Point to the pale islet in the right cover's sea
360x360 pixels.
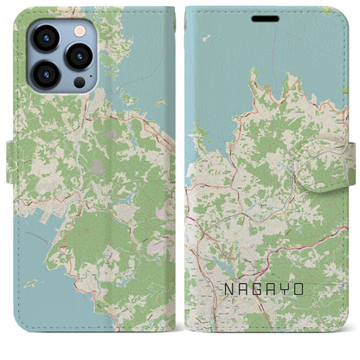click(x=206, y=37)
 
